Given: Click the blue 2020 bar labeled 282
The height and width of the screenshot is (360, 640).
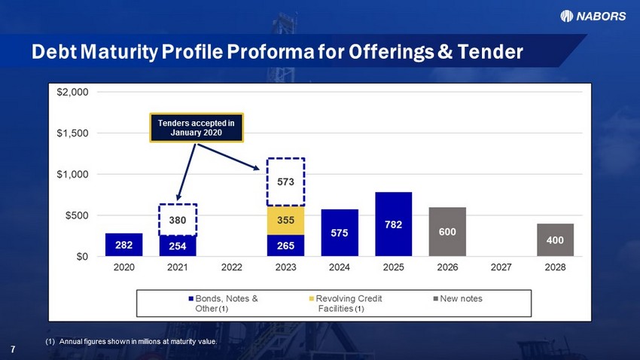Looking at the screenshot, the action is pyautogui.click(x=123, y=245).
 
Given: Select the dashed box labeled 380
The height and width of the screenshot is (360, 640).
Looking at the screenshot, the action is pyautogui.click(x=178, y=220).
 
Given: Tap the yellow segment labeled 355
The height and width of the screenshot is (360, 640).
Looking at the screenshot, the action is pyautogui.click(x=285, y=221).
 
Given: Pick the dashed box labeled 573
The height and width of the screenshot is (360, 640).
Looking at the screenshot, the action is pyautogui.click(x=285, y=182).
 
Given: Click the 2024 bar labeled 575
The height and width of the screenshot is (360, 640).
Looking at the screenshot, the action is pyautogui.click(x=340, y=233).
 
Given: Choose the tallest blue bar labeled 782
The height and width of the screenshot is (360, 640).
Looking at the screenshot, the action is pyautogui.click(x=394, y=224).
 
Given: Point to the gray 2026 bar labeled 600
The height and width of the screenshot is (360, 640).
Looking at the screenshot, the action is pyautogui.click(x=447, y=232).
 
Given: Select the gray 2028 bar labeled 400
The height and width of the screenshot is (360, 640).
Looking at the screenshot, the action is pyautogui.click(x=555, y=240).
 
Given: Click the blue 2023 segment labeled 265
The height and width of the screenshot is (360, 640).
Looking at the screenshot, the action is pyautogui.click(x=285, y=246).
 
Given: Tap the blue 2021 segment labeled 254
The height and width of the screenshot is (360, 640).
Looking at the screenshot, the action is pyautogui.click(x=178, y=246).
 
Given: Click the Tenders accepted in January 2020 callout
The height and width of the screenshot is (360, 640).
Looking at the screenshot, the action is pyautogui.click(x=197, y=128).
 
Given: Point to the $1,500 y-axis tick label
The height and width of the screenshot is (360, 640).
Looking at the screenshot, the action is pyautogui.click(x=72, y=133).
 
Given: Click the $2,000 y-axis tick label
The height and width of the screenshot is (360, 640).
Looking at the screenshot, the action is pyautogui.click(x=72, y=92).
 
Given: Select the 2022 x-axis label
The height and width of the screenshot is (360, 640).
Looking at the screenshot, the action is pyautogui.click(x=231, y=267).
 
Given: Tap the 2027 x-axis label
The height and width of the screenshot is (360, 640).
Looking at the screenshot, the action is pyautogui.click(x=501, y=267).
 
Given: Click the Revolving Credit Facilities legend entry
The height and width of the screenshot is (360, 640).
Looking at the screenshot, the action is pyautogui.click(x=346, y=304).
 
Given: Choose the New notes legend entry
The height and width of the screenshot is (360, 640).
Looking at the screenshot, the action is pyautogui.click(x=458, y=299).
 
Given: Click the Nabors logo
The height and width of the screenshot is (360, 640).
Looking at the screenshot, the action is pyautogui.click(x=593, y=16).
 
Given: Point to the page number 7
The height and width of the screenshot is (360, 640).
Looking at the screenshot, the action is pyautogui.click(x=13, y=349).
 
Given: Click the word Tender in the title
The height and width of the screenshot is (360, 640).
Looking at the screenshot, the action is pyautogui.click(x=490, y=52).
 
